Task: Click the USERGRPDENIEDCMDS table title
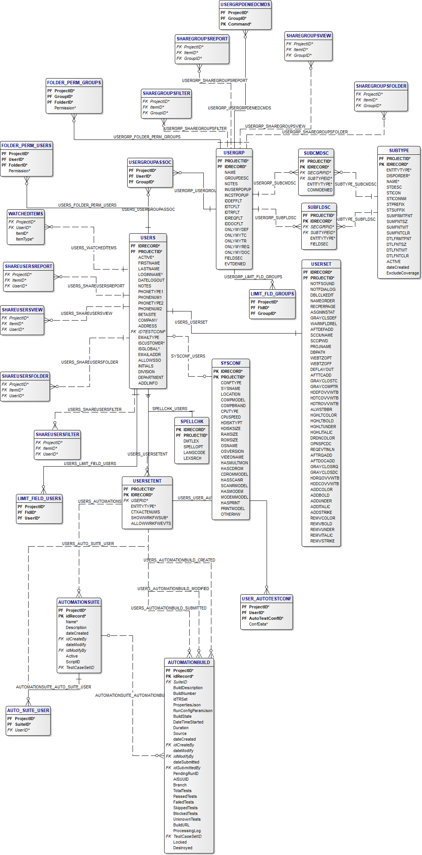245,5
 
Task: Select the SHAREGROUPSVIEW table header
309,36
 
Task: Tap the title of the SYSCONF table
231,363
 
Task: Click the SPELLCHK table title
192,422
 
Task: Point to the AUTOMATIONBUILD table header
189,663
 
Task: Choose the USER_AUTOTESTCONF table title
267,599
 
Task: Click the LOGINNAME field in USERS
150,274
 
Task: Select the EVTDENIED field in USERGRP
235,264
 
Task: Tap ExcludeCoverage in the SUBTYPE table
402,273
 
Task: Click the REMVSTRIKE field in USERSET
322,541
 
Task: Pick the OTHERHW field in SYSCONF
230,514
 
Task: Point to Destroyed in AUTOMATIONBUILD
182,848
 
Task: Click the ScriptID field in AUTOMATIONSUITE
73,662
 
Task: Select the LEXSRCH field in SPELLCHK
192,458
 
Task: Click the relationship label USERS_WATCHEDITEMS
94,248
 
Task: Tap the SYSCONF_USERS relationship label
188,356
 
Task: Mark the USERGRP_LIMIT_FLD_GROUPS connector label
253,277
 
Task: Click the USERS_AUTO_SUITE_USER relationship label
88,544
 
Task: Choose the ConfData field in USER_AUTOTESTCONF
258,624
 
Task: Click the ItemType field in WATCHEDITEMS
24,239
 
